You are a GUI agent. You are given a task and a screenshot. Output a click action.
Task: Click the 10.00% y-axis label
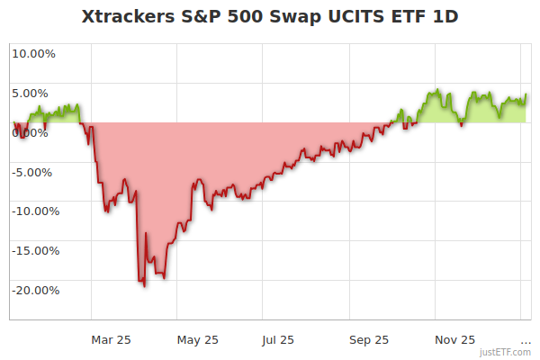pos(34,53)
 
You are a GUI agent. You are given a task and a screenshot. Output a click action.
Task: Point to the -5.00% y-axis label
pos(35,172)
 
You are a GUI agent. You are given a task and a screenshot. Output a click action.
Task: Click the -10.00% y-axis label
pos(35,211)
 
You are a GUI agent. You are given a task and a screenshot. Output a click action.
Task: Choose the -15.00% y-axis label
pos(35,251)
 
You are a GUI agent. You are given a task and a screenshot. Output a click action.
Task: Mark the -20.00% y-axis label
pos(35,291)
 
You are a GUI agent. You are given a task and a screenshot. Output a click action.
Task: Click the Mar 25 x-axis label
pos(112,340)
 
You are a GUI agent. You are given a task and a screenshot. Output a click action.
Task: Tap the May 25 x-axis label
pos(198,340)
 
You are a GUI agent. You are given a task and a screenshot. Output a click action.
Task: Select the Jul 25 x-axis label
pos(278,340)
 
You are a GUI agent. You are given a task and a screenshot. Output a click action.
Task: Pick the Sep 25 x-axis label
pos(369,340)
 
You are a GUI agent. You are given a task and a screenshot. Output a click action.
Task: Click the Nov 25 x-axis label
pos(455,340)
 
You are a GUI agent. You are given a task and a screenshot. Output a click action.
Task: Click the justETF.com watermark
pos(507,352)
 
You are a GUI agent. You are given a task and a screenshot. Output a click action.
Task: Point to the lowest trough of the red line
pos(144,285)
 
